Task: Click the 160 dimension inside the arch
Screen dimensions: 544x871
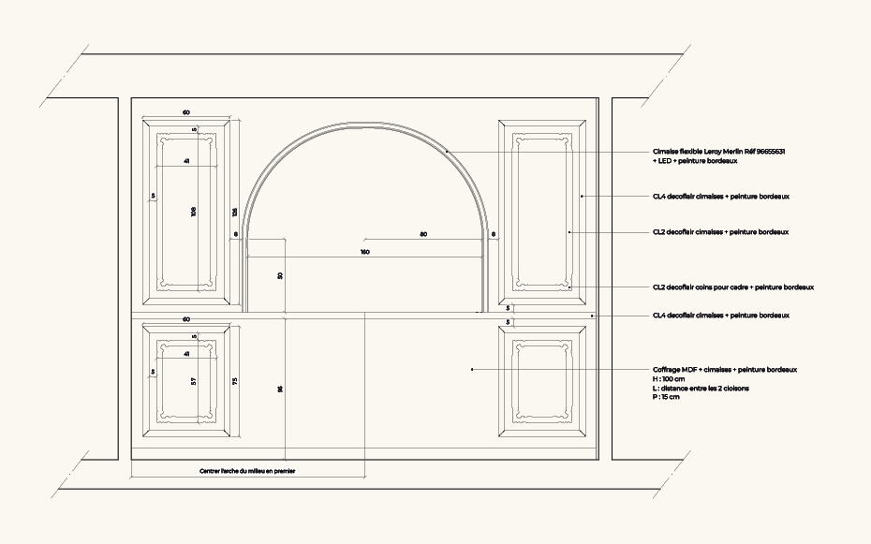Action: pyautogui.click(x=364, y=252)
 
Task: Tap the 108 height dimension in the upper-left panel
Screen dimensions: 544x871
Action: pyautogui.click(x=194, y=212)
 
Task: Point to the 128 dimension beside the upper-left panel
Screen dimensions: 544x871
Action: pyautogui.click(x=235, y=212)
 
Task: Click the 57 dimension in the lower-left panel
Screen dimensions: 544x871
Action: pyautogui.click(x=194, y=381)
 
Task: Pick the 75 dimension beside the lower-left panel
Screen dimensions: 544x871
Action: pyautogui.click(x=235, y=381)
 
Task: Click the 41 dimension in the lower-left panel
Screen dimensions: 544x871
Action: pyautogui.click(x=186, y=354)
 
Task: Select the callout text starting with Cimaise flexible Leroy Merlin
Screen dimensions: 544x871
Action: pyautogui.click(x=718, y=151)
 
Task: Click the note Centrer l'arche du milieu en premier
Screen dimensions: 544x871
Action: pyautogui.click(x=247, y=471)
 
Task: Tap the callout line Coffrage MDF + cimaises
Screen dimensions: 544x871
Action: pyautogui.click(x=725, y=370)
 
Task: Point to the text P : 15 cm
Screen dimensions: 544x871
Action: pyautogui.click(x=667, y=397)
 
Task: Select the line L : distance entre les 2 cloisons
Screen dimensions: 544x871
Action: pyautogui.click(x=701, y=388)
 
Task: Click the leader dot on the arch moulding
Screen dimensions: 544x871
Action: pyautogui.click(x=448, y=151)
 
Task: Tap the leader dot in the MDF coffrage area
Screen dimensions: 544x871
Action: pyautogui.click(x=471, y=370)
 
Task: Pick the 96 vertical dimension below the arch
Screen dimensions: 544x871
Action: pyautogui.click(x=281, y=389)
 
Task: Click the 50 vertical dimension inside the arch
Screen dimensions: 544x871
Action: pyautogui.click(x=281, y=276)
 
